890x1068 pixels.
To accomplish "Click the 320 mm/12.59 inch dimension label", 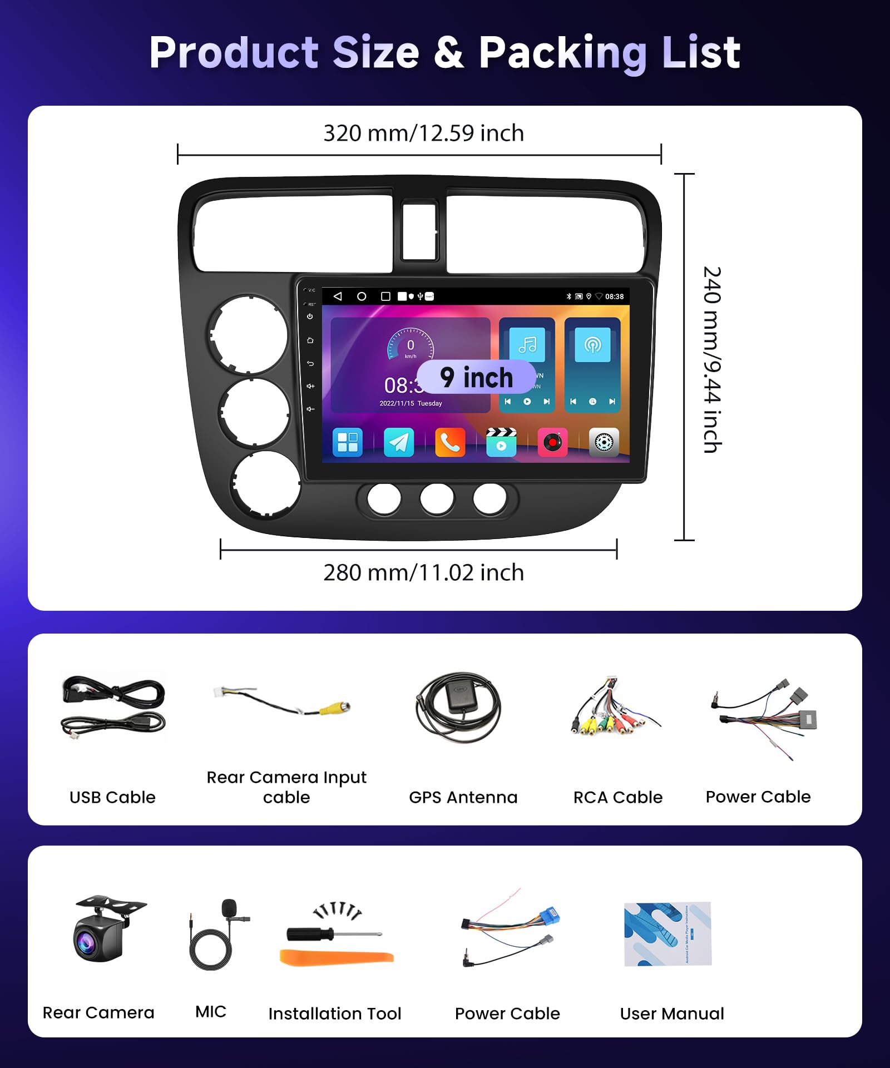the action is pos(423,133).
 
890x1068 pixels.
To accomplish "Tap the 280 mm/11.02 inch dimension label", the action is pos(423,572).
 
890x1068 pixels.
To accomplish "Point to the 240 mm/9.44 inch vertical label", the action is pos(712,359).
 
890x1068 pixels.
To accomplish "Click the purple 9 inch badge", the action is pos(477,377).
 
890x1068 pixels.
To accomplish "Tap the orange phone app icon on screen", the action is pos(450,443).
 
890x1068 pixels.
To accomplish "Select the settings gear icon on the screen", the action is pos(604,443).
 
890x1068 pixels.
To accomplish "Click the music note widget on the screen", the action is pos(527,345).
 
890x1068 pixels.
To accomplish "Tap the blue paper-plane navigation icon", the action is pos(399,443).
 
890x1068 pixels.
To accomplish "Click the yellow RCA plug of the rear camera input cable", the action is pos(335,708).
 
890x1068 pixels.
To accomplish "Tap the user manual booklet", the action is pos(667,934).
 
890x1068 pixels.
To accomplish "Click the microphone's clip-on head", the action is pos(229,909).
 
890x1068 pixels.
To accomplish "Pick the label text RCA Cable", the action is pos(618,797).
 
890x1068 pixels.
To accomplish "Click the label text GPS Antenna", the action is pos(463,797).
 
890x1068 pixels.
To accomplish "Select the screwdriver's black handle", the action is pos(309,934).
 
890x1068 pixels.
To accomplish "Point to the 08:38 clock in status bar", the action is pos(614,296).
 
